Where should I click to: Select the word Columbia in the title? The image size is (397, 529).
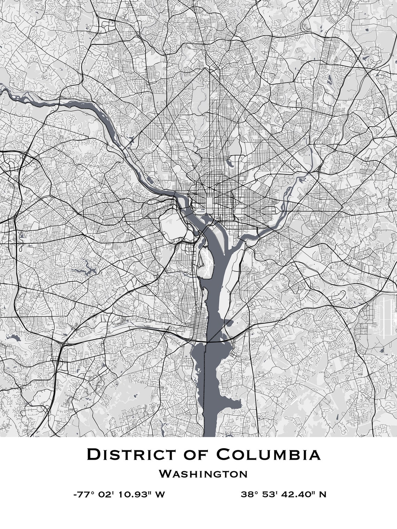click(268, 455)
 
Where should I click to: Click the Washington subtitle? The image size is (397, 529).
click(203, 474)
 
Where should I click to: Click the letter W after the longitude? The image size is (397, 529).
click(159, 494)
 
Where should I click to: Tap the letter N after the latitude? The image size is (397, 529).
click(322, 494)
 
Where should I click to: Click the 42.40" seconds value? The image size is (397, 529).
click(298, 494)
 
